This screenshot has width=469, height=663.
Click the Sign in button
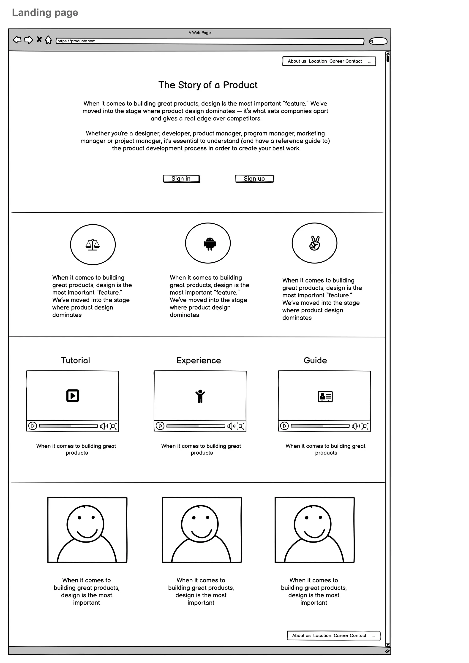click(181, 179)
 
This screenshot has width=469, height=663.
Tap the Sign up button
click(254, 179)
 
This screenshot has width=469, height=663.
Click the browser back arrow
click(17, 40)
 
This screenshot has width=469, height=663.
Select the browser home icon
click(48, 40)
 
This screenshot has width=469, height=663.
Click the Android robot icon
click(210, 243)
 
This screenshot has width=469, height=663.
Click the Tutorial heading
click(76, 360)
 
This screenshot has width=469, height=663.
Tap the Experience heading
click(199, 360)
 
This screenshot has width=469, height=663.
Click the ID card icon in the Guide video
click(325, 397)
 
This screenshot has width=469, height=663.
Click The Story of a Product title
click(208, 85)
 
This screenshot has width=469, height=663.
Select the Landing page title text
click(45, 13)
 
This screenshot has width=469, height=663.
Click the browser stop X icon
click(39, 39)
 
